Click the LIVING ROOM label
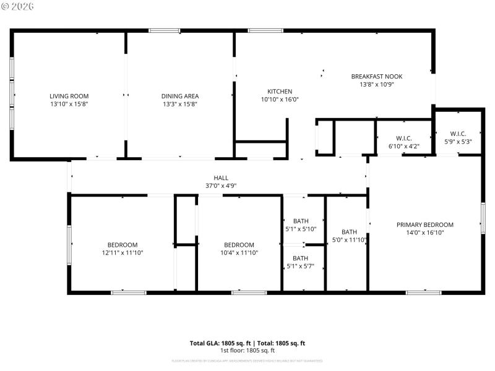coord(69,96)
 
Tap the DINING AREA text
coord(180,96)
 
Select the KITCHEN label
coord(280,91)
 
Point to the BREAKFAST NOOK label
coord(377,76)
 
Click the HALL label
coord(221,177)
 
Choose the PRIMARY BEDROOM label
coord(425,224)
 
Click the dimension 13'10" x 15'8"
coord(69,104)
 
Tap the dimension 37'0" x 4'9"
coord(221,185)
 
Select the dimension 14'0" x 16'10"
coord(425,232)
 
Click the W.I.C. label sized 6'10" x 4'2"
coord(404,138)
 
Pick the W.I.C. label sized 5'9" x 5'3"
coord(458,134)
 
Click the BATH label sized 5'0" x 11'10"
coord(349,232)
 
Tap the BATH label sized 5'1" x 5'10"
coord(301,221)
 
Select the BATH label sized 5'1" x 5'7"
coord(301,258)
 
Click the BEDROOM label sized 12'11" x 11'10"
coord(123,244)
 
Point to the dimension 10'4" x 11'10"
coord(239,252)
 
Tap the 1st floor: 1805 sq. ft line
coord(247,351)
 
